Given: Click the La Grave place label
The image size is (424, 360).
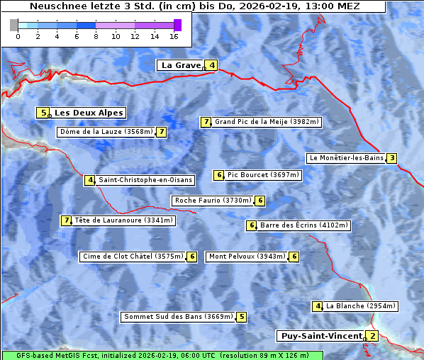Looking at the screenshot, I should click(182, 65).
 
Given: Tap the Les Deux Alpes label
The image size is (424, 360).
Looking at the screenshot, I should click(89, 113).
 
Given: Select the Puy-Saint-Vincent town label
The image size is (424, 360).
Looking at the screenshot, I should click(320, 336).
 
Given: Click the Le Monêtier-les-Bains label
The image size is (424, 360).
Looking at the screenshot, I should click(345, 158).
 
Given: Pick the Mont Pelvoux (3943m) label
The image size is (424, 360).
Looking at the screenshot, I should click(247, 257).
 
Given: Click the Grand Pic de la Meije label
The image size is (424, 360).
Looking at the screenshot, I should click(267, 122).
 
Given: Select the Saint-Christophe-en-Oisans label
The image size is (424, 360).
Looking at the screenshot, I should click(145, 180).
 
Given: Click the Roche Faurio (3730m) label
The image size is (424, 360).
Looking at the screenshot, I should click(213, 201).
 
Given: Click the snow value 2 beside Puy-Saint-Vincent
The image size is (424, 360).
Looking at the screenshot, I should click(373, 336).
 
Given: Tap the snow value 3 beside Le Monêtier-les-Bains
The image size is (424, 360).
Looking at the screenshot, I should click(391, 158).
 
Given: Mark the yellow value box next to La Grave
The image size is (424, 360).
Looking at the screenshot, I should click(212, 65).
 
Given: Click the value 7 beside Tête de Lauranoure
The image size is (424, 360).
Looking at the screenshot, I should click(67, 220).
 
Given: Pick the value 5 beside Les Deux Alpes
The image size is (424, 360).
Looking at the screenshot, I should click(43, 113).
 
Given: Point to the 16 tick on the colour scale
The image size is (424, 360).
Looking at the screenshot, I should click(174, 36).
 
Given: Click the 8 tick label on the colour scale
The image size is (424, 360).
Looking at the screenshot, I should click(96, 36).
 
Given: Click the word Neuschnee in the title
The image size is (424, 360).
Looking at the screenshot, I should click(55, 6).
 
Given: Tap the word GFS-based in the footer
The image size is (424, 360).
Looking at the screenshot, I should click(34, 355).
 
